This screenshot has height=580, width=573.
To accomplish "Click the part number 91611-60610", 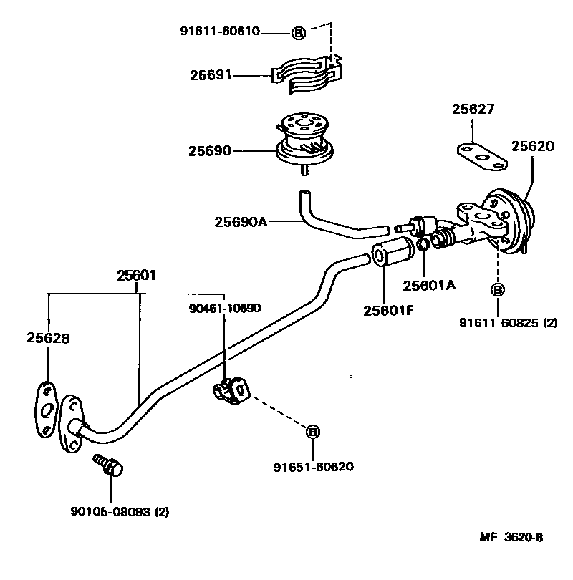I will [219, 32].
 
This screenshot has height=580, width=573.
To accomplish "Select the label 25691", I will [211, 74].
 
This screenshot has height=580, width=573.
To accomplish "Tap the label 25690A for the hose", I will [240, 221].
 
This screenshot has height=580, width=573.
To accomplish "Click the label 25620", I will [532, 146].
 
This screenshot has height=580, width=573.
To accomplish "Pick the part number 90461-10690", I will [224, 308].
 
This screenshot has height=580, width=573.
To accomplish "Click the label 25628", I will [49, 338].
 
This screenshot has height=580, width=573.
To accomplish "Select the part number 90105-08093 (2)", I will [120, 512].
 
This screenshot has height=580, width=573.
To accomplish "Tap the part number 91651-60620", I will [313, 467].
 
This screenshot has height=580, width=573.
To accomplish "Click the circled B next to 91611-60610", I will [299, 32].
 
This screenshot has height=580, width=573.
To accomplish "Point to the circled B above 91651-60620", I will [313, 432].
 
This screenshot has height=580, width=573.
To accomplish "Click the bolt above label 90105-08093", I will [109, 465].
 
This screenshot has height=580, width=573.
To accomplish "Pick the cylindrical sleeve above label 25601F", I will [391, 254].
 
